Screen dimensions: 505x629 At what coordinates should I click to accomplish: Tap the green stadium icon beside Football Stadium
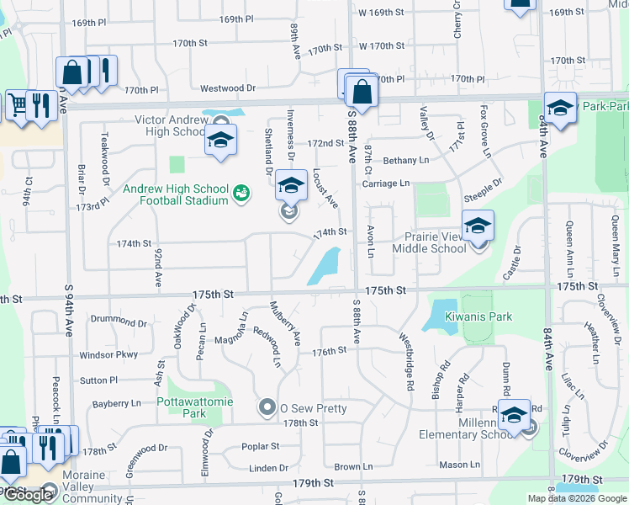tap(241, 194)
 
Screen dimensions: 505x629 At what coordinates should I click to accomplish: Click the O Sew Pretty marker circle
tap(267, 408)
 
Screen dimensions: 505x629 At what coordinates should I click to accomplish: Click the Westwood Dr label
tap(228, 88)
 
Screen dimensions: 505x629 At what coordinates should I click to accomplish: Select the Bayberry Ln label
tap(117, 404)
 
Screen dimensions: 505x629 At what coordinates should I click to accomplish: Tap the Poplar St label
tap(260, 446)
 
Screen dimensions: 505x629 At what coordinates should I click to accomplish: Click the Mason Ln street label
tap(460, 464)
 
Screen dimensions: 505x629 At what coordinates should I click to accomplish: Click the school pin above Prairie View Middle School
tap(478, 226)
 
